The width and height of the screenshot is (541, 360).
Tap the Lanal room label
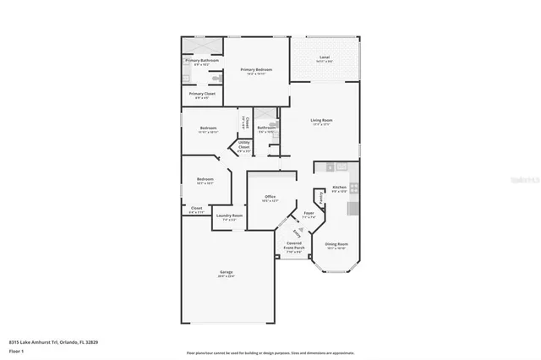point(324,57)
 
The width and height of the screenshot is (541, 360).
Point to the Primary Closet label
point(202,93)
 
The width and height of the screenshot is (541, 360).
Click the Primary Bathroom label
point(202,60)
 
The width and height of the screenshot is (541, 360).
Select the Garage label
point(227,271)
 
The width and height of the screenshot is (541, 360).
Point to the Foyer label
point(309,213)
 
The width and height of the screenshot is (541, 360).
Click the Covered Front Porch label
point(293,247)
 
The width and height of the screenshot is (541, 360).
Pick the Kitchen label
point(339,187)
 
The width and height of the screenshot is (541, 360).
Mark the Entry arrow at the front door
point(296,232)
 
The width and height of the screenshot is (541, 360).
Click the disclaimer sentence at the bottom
point(270,352)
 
